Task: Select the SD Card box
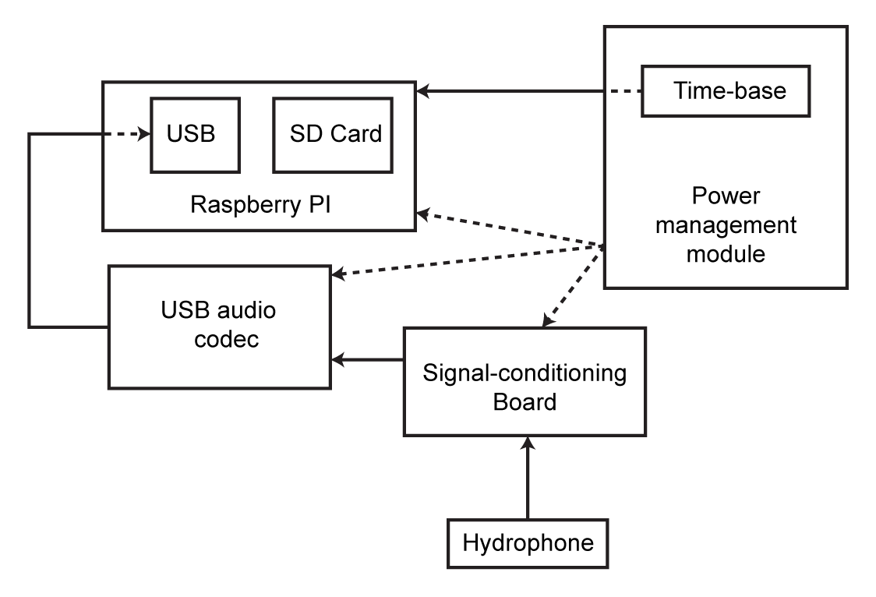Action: tap(335, 134)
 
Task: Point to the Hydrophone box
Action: tap(528, 542)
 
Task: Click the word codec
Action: tap(218, 341)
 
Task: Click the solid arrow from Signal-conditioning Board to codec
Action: tap(367, 360)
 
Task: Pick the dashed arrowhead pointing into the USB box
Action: tap(144, 134)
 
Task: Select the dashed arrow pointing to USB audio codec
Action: tap(468, 260)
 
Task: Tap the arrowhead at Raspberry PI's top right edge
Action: tap(422, 91)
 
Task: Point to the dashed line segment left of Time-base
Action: tap(623, 91)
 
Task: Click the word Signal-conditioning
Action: tap(525, 373)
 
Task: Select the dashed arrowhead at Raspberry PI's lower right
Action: tap(423, 211)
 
